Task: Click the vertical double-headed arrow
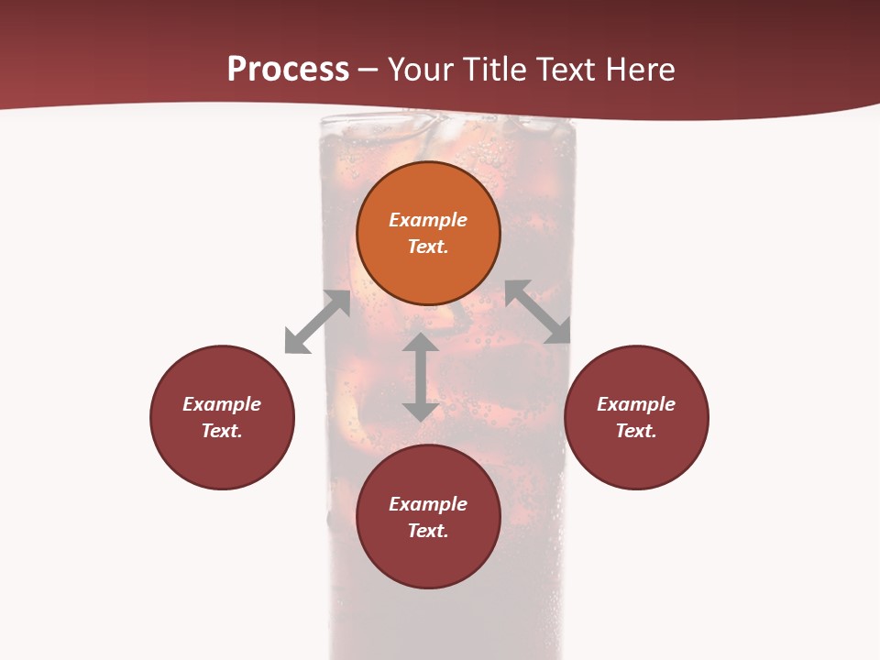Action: (421, 377)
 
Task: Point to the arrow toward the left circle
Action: (317, 322)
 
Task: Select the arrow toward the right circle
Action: (538, 312)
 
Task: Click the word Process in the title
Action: (288, 69)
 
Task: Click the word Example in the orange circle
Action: (428, 220)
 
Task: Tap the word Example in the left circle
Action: (222, 404)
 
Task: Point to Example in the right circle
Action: (636, 404)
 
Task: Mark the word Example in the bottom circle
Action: (428, 504)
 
